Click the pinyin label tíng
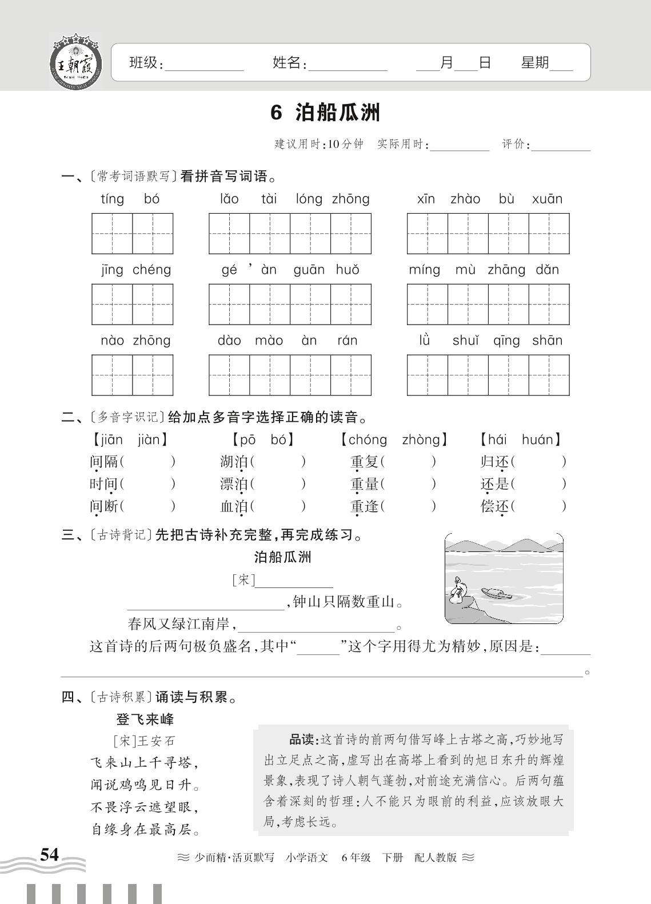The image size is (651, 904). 112,199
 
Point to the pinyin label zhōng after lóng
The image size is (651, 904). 350,199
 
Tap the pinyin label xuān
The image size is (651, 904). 547,199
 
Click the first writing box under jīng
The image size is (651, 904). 112,304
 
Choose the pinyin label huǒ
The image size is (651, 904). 348,270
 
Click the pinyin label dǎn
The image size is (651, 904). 547,270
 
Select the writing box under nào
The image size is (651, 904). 112,375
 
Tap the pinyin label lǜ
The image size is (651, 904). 424,340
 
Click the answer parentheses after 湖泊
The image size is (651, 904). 278,462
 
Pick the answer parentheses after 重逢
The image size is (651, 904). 408,506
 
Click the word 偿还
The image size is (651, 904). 494,506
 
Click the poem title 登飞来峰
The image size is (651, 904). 145,719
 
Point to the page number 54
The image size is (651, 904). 49,854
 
